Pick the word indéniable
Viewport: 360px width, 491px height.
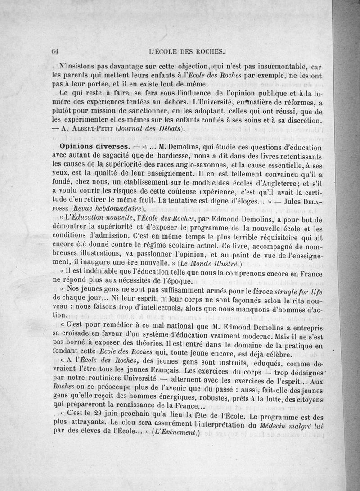point(105,271)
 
